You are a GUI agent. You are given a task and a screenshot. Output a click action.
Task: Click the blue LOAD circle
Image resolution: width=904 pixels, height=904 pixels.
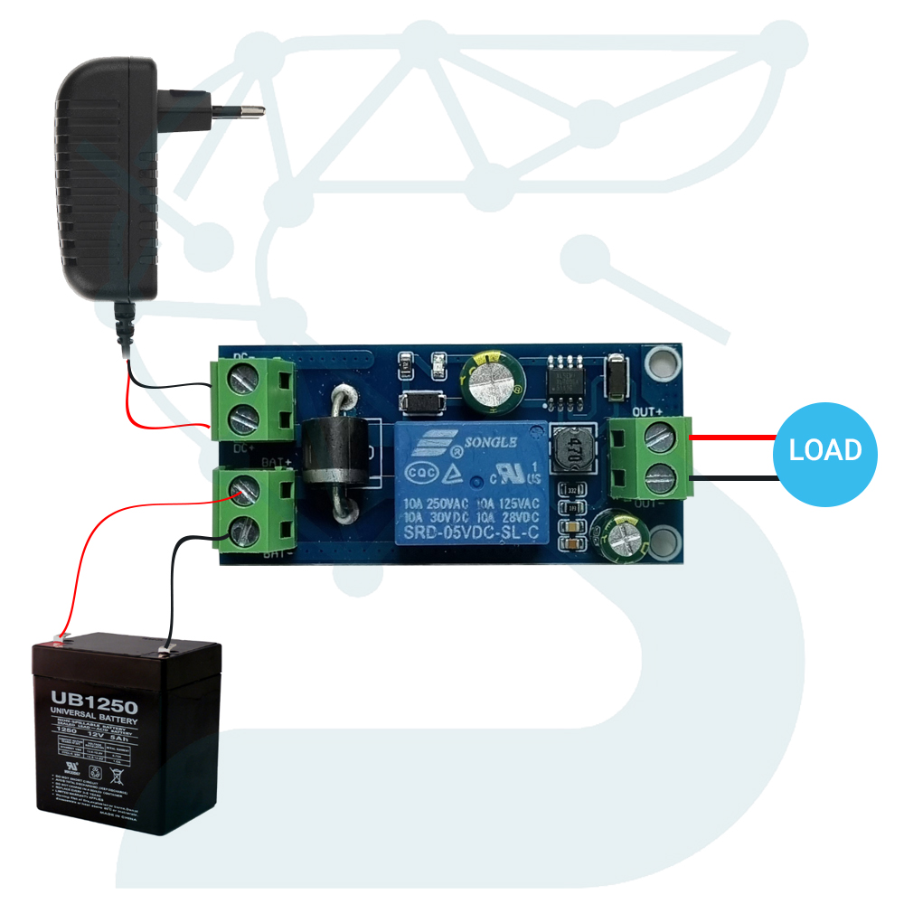coord(827,449)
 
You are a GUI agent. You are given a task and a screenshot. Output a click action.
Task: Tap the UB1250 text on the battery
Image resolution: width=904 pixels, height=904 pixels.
coord(93,702)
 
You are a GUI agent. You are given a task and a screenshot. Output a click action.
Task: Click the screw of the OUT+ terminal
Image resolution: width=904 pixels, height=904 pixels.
coord(661,439)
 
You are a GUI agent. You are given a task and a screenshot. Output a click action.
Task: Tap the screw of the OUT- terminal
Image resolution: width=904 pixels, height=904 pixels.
coord(661,476)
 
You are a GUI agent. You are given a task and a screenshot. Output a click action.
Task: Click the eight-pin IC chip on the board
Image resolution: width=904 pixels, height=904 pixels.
coord(565,379)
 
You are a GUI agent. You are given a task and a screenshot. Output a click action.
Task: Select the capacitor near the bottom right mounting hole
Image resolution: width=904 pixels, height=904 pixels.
coord(624,535)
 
